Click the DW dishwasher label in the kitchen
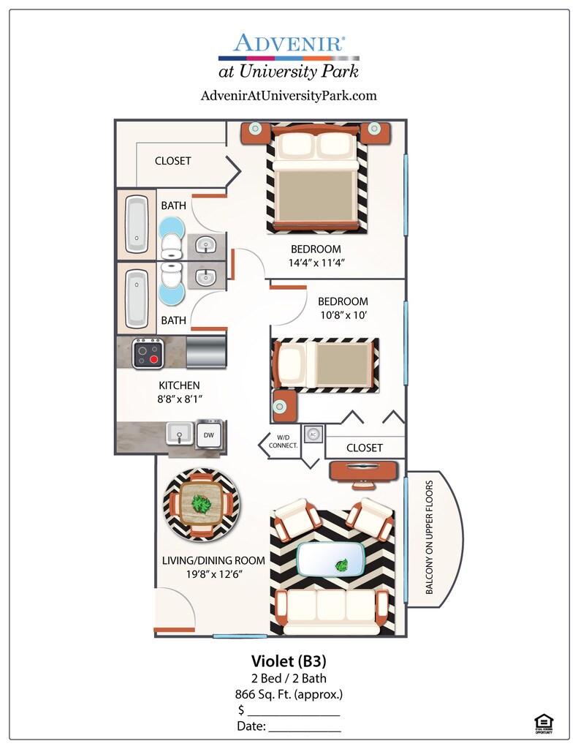click(x=209, y=435)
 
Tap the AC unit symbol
click(x=313, y=433)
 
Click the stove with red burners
click(x=147, y=354)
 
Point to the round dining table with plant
click(x=200, y=504)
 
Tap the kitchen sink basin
click(x=178, y=434)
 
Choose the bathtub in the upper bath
click(x=137, y=222)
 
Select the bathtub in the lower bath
click(x=137, y=299)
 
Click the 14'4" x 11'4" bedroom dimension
click(x=316, y=263)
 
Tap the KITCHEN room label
click(x=179, y=385)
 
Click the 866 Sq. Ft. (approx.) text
click(x=289, y=694)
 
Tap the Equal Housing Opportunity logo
click(x=543, y=723)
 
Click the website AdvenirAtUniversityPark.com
click(x=288, y=95)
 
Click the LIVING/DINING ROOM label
click(x=213, y=560)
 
